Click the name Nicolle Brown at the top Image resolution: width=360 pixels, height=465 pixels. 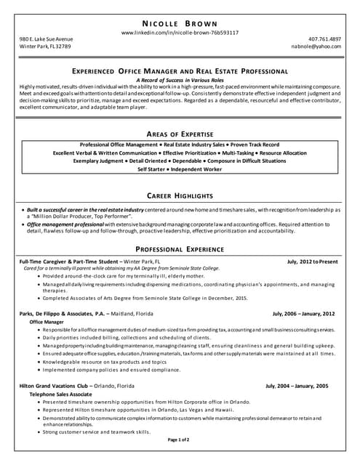(180, 20)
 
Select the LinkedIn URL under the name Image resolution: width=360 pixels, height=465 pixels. (180, 33)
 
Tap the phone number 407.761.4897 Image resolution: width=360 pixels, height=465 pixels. (324, 39)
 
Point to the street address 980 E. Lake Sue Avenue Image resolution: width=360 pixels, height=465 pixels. (46, 39)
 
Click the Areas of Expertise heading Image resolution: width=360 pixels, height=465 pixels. (180, 135)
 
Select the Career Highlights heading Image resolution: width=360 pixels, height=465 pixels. (180, 196)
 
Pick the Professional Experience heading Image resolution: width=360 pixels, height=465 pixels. (180, 248)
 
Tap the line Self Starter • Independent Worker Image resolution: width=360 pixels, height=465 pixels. (180, 169)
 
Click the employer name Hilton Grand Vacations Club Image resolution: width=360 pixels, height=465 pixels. (54, 386)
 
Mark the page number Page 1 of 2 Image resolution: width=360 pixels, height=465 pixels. (179, 440)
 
